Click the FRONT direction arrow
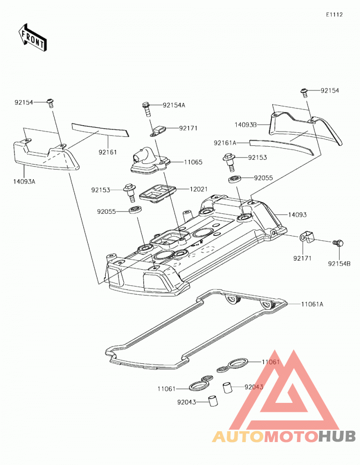(x=32, y=38)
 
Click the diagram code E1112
(x=334, y=14)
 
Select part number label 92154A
(x=174, y=105)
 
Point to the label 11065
(x=193, y=162)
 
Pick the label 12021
(x=199, y=189)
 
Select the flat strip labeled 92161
(x=100, y=130)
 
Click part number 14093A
(x=24, y=181)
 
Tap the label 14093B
(x=246, y=125)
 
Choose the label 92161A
(x=225, y=143)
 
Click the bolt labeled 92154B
(x=338, y=243)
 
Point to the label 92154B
(x=339, y=263)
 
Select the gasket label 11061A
(x=312, y=304)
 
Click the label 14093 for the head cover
(x=297, y=214)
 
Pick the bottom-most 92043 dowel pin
(x=213, y=401)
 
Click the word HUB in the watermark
(x=337, y=436)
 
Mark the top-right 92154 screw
(x=304, y=92)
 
